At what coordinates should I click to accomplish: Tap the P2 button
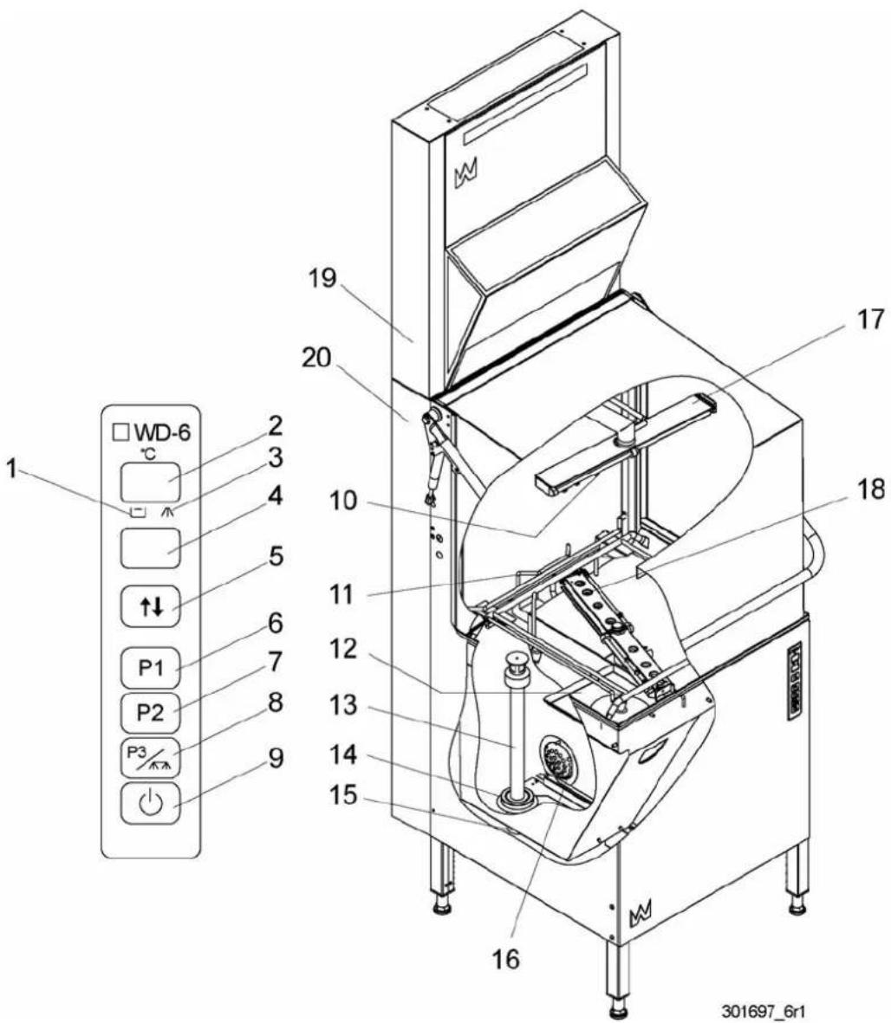151,712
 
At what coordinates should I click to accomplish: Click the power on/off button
151,804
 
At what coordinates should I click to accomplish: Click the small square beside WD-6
120,432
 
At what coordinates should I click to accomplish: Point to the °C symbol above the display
149,453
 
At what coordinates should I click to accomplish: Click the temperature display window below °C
150,482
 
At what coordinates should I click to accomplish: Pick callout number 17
869,320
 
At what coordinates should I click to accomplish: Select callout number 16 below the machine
505,958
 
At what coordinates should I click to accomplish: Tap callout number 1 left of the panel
12,469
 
